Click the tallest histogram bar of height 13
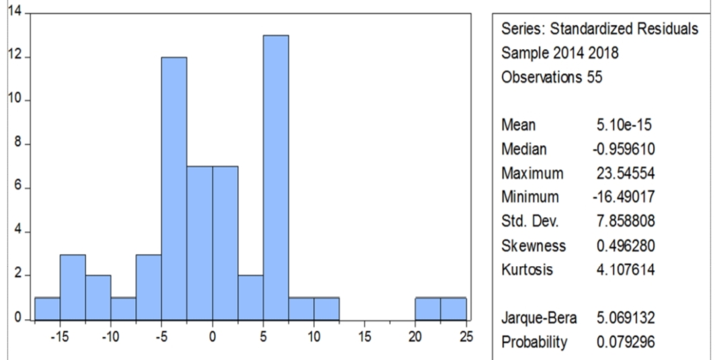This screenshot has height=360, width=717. point(276,177)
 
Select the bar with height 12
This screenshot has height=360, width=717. point(174,188)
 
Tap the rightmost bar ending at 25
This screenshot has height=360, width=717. point(453,309)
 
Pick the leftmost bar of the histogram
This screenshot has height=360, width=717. point(48,309)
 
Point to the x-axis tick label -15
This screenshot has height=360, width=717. point(59,336)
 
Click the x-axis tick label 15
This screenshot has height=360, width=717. point(364,336)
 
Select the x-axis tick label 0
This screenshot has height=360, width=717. point(212,336)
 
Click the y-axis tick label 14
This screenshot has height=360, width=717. point(15,12)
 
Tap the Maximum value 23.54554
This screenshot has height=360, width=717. point(625,173)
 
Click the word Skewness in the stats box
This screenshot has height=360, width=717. point(533,246)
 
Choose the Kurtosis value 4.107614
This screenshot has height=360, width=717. point(625,269)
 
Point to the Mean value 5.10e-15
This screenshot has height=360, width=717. point(624,125)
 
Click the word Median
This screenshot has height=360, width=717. point(523,149)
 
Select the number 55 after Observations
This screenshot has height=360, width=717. point(595,77)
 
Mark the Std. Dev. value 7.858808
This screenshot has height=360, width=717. point(625,222)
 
